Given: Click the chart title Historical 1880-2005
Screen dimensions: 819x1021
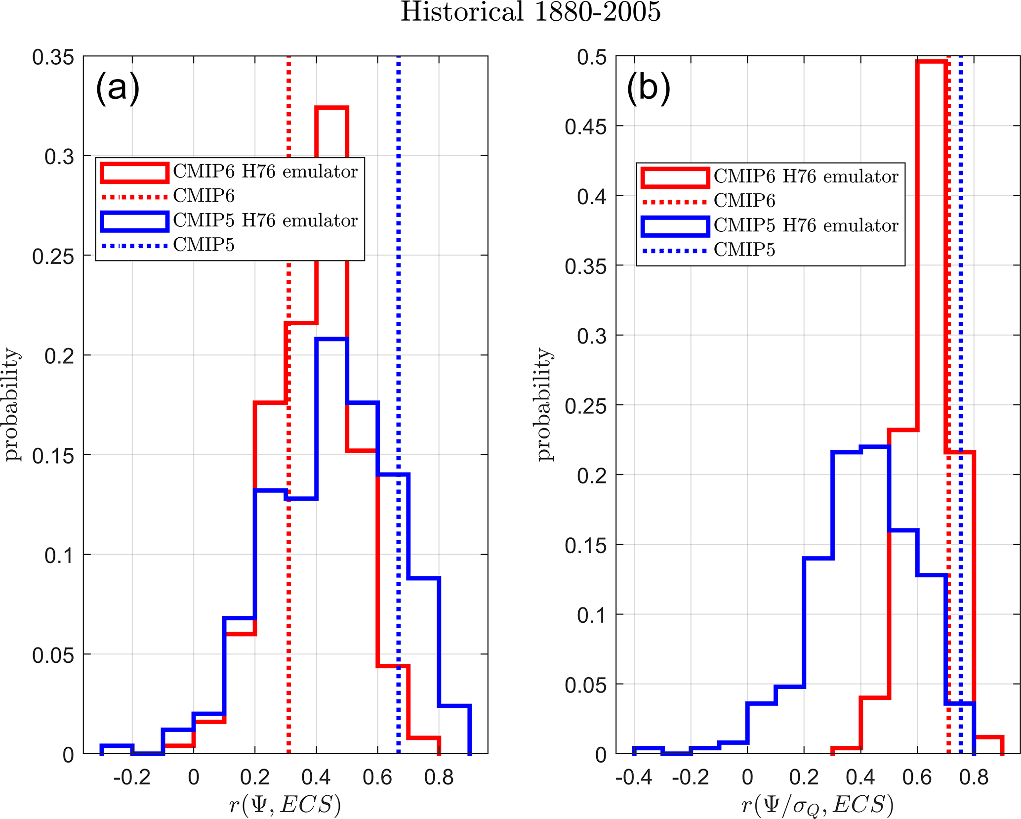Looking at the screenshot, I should click(x=530, y=12).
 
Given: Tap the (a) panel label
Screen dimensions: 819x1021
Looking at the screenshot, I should click(x=118, y=87).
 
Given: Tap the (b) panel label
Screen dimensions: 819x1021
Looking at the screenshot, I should click(x=648, y=87).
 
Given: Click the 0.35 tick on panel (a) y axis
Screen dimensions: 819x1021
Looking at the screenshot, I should click(x=53, y=57).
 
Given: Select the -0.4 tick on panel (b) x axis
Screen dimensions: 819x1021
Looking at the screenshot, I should click(x=634, y=777).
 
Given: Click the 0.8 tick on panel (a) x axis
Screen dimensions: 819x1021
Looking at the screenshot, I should click(x=439, y=777).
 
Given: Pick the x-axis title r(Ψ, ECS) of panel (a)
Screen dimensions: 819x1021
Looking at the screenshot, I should click(x=285, y=805).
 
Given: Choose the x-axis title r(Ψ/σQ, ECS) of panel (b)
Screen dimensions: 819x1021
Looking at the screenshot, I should click(x=817, y=805).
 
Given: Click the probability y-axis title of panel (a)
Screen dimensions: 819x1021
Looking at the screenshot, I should click(x=12, y=404).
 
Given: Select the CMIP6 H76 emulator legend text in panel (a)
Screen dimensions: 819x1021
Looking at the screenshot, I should click(x=265, y=172).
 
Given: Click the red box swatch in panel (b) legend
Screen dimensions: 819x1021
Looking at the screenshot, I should click(x=675, y=177).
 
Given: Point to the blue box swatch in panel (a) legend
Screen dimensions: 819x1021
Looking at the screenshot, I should click(x=134, y=221).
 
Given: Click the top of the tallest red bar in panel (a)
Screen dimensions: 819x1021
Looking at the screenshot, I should click(x=332, y=108).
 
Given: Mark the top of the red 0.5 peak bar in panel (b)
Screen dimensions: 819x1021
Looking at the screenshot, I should click(x=932, y=62).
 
